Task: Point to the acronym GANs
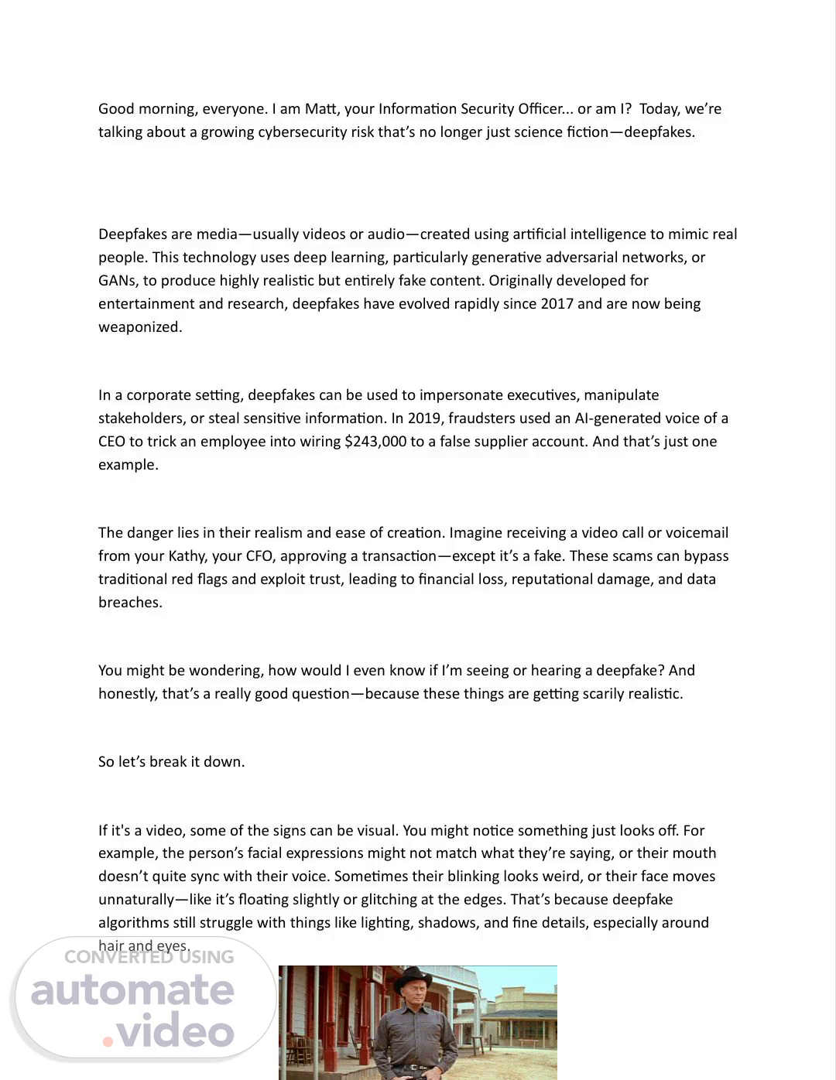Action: pos(117,281)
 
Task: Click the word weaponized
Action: pos(140,327)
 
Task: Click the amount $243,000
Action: pos(375,442)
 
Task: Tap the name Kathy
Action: pos(188,556)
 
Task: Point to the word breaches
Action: pos(130,603)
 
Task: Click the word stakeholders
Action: pos(141,419)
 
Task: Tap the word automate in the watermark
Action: pos(132,990)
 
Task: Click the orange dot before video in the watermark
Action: pos(108,1041)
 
